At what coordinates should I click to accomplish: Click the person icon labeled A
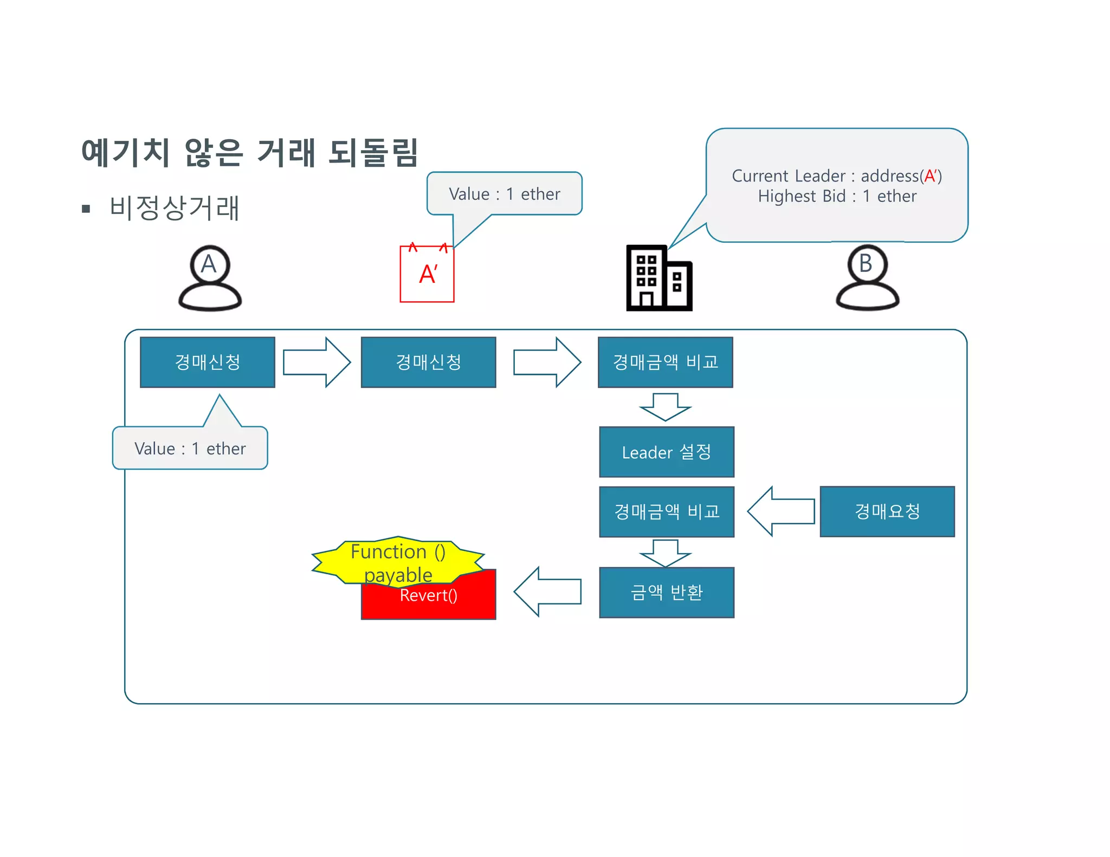210,278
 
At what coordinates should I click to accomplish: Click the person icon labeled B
867,278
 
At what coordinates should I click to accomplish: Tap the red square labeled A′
427,274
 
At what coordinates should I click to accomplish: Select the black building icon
659,278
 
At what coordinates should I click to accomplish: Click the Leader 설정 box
666,452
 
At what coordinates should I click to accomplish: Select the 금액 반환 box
666,592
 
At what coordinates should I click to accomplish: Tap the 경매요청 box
887,511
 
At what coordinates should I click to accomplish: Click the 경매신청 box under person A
208,362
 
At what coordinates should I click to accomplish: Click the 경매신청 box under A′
428,362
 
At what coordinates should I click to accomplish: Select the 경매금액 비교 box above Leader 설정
665,362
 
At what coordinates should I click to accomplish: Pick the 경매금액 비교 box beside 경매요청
666,511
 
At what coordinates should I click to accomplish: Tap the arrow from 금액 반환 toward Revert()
547,592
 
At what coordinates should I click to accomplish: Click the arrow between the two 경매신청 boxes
317,362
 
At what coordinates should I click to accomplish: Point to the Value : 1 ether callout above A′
504,194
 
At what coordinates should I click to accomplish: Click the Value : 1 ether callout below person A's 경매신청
190,449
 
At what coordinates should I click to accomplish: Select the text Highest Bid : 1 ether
836,196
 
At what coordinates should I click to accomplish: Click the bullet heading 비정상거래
173,208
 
